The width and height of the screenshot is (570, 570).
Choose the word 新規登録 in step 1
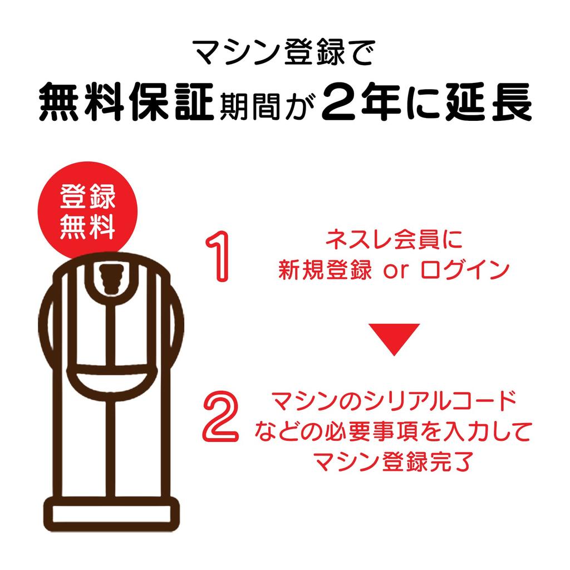[325, 270]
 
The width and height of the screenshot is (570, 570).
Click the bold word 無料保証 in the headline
[126, 102]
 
